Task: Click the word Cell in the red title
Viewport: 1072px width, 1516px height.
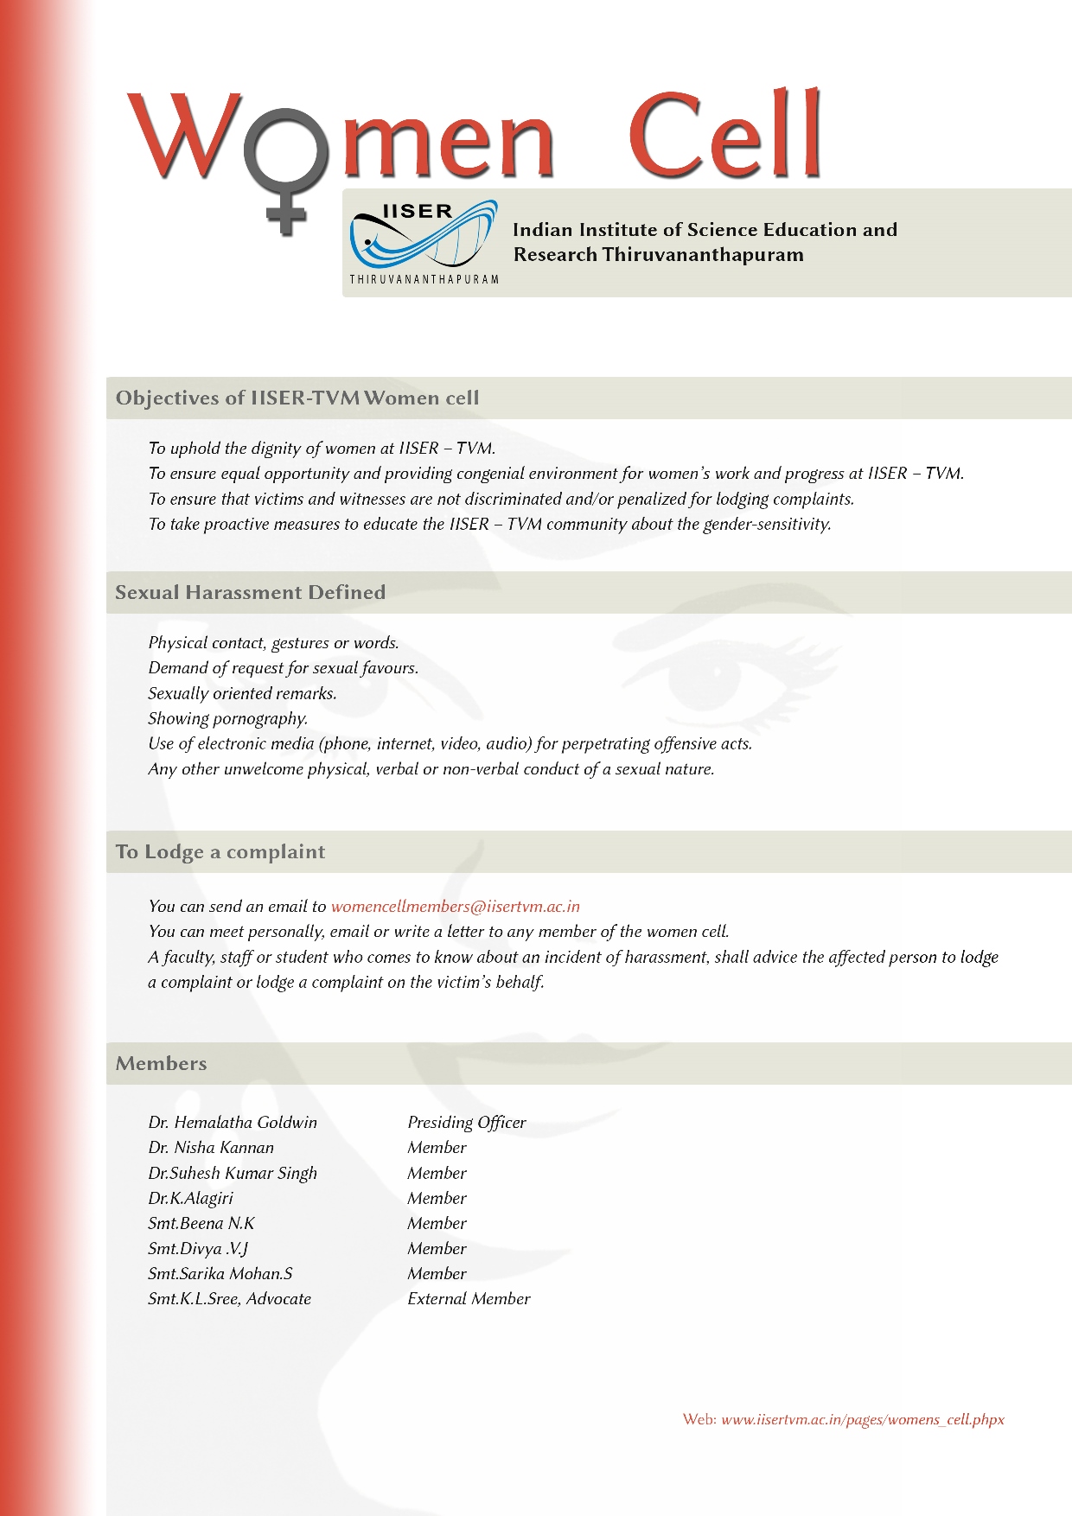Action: tap(724, 136)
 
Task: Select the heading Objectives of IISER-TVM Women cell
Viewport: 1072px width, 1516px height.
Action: tap(297, 398)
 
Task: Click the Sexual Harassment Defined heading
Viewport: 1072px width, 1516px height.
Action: tap(251, 593)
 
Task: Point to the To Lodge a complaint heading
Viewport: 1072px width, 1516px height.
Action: tap(220, 852)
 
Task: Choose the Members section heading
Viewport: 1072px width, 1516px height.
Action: tap(162, 1064)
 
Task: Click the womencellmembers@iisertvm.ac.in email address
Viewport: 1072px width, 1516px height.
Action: tap(455, 907)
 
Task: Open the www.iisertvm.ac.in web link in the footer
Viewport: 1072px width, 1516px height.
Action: tap(862, 1420)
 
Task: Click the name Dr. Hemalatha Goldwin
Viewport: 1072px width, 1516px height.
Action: tap(233, 1123)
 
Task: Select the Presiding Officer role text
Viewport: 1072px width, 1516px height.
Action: tap(467, 1123)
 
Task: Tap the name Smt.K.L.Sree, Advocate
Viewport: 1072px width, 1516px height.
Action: tap(230, 1299)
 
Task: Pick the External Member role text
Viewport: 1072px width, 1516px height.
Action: tap(469, 1299)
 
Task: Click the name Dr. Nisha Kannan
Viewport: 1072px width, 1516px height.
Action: tap(211, 1148)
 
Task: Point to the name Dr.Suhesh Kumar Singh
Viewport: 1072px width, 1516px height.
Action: tap(233, 1174)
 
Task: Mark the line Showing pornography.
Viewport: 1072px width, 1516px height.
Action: tap(228, 719)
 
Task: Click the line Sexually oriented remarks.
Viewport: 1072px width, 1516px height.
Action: tap(242, 694)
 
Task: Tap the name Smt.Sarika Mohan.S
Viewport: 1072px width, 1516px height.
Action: tap(220, 1274)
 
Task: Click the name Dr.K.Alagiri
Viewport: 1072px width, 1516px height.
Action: tap(190, 1199)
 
